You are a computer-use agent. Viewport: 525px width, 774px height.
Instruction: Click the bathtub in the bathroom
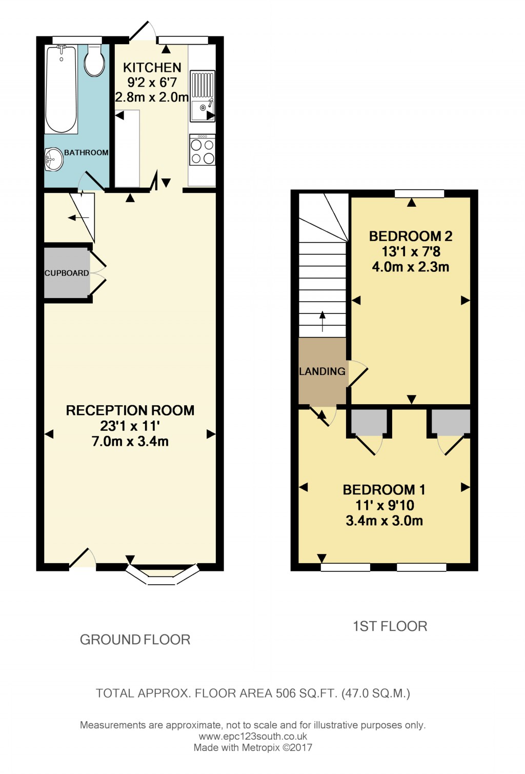(x=62, y=88)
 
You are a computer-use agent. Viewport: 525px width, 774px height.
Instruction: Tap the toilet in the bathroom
(x=94, y=61)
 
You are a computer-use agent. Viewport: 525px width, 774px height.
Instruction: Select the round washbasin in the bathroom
(x=53, y=160)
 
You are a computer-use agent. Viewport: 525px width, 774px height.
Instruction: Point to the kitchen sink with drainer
(x=203, y=96)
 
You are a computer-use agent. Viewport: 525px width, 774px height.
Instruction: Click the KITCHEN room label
(x=152, y=68)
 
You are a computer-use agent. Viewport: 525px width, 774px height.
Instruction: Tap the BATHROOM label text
(x=86, y=152)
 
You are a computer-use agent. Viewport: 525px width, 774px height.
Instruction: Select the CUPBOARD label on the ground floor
(x=67, y=273)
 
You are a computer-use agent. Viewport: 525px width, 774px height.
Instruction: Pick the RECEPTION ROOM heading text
(x=130, y=410)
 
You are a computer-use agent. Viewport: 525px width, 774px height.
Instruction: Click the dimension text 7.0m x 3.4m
(x=130, y=441)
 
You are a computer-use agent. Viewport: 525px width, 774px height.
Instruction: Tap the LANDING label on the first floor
(x=322, y=371)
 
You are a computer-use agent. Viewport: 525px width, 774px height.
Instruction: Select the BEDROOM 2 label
(x=411, y=236)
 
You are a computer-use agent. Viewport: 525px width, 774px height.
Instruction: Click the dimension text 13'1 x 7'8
(x=411, y=251)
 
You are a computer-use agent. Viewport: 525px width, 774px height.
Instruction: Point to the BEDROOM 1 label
(x=384, y=490)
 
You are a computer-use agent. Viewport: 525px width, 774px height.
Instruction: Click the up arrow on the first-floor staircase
(x=322, y=321)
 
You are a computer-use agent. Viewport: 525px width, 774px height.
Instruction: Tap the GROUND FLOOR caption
(x=135, y=640)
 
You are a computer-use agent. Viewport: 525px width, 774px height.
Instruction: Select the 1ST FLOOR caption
(x=390, y=626)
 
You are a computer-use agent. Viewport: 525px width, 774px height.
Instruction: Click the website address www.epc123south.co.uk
(x=253, y=737)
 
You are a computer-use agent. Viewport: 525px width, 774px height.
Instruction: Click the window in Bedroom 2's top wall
(x=419, y=193)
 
